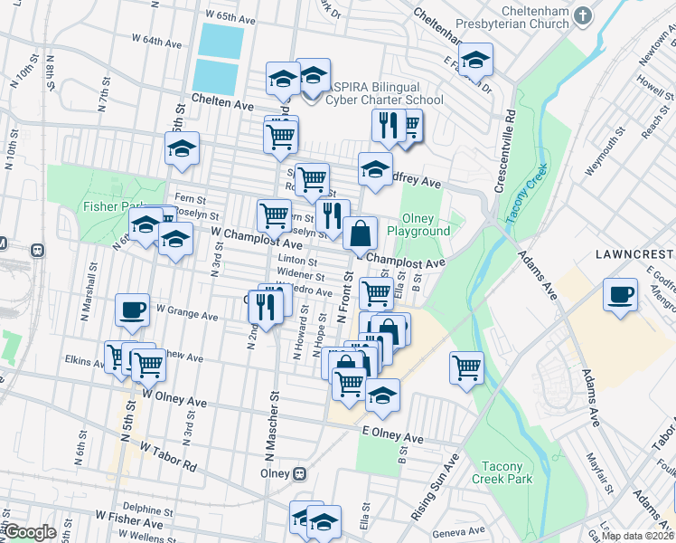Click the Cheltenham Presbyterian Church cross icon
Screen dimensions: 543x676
point(583,15)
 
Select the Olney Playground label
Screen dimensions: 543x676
point(418,224)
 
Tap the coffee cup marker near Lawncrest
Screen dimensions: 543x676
point(621,294)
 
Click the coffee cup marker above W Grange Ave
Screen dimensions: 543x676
point(132,310)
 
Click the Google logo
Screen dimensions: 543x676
point(30,532)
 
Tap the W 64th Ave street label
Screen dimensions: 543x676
point(156,41)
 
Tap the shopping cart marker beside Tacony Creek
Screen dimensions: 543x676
point(465,367)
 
